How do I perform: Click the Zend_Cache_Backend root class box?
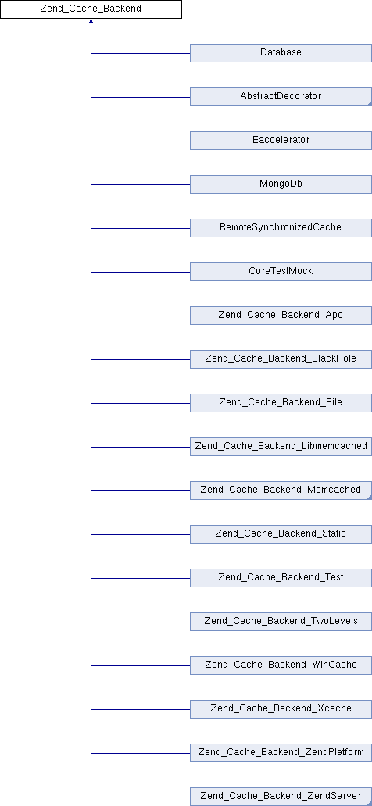tap(91, 9)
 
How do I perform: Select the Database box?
tap(281, 53)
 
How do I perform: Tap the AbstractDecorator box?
tap(281, 97)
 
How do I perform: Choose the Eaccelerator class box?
tap(281, 141)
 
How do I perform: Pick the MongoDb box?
tap(281, 184)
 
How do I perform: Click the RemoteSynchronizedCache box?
tap(281, 228)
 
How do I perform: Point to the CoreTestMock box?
tap(281, 272)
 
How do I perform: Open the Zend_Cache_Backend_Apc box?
tap(281, 315)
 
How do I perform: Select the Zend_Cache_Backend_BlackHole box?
tap(281, 358)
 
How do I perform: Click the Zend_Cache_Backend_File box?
tap(281, 402)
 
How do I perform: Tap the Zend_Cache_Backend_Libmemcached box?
tap(281, 446)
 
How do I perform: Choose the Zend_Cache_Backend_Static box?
tap(281, 533)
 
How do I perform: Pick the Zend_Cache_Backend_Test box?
tap(281, 577)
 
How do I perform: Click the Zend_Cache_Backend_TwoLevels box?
tap(281, 621)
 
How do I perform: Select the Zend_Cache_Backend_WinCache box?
tap(281, 665)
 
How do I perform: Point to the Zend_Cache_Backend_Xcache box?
tap(281, 708)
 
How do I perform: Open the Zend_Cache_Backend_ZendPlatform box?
tap(281, 752)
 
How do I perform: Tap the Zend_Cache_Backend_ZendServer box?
tap(281, 796)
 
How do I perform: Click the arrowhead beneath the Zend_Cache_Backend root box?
tap(91, 21)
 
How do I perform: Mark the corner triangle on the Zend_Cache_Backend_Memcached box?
tap(370, 497)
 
